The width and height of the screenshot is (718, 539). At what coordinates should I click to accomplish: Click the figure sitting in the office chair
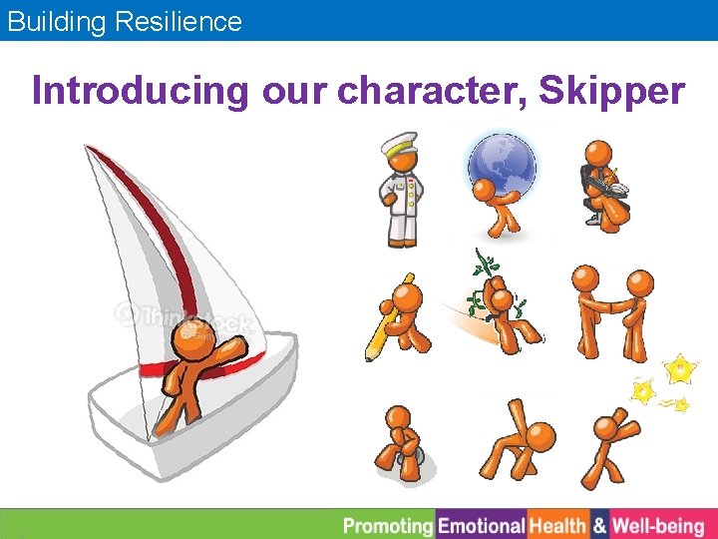click(604, 185)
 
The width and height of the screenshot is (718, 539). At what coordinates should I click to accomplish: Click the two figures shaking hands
click(608, 309)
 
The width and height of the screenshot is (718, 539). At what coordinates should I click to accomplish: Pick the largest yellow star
click(680, 370)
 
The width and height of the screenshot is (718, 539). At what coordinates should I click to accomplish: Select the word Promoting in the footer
click(389, 525)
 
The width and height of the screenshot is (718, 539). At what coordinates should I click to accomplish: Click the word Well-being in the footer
click(657, 525)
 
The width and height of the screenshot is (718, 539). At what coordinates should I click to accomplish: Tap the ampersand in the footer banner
click(598, 525)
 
